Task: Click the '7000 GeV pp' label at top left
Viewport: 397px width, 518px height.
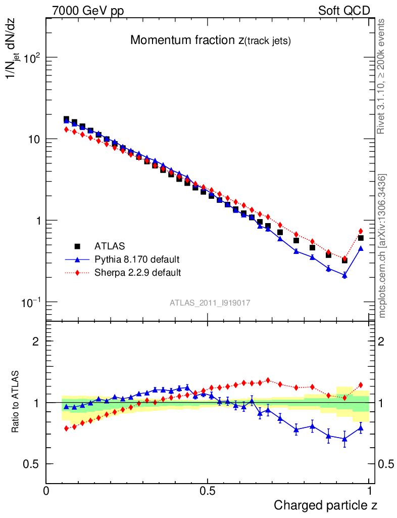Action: [x=88, y=11]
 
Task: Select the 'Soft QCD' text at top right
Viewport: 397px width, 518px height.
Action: [x=344, y=11]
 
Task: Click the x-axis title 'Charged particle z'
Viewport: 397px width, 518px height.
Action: [x=326, y=505]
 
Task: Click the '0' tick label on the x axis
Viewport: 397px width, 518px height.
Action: [x=46, y=491]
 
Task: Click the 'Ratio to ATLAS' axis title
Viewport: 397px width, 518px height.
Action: [x=16, y=403]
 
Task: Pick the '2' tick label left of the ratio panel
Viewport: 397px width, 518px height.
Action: [x=36, y=341]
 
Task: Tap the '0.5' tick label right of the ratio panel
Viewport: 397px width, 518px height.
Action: [x=386, y=464]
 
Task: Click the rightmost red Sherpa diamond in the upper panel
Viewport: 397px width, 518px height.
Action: [x=361, y=231]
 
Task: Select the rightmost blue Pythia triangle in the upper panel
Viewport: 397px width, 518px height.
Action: [x=361, y=248]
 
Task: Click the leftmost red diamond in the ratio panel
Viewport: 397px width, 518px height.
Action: [x=66, y=428]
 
